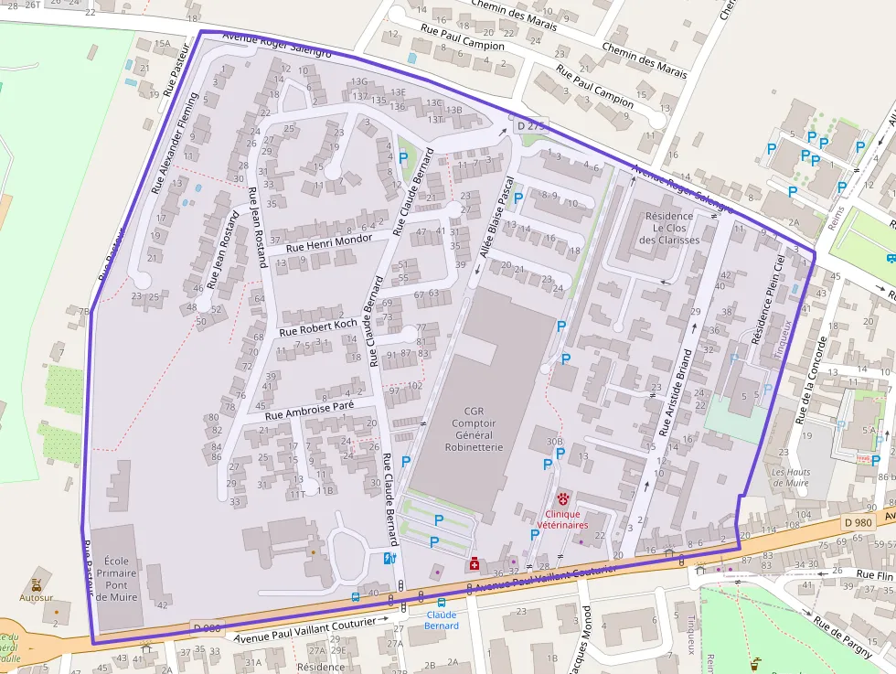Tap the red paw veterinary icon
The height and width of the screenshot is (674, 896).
tap(562, 499)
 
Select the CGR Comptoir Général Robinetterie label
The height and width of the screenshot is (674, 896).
tap(473, 429)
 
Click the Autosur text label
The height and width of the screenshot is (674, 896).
tap(37, 597)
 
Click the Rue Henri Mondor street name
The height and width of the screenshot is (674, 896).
tap(329, 243)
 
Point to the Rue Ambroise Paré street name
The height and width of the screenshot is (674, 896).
tap(309, 411)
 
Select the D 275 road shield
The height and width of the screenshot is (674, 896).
tap(530, 125)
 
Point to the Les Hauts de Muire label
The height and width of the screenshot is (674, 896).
tap(791, 477)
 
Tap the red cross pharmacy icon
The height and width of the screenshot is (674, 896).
tap(474, 564)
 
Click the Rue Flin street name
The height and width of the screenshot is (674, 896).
tap(874, 574)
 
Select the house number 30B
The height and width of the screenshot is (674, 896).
tap(555, 442)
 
